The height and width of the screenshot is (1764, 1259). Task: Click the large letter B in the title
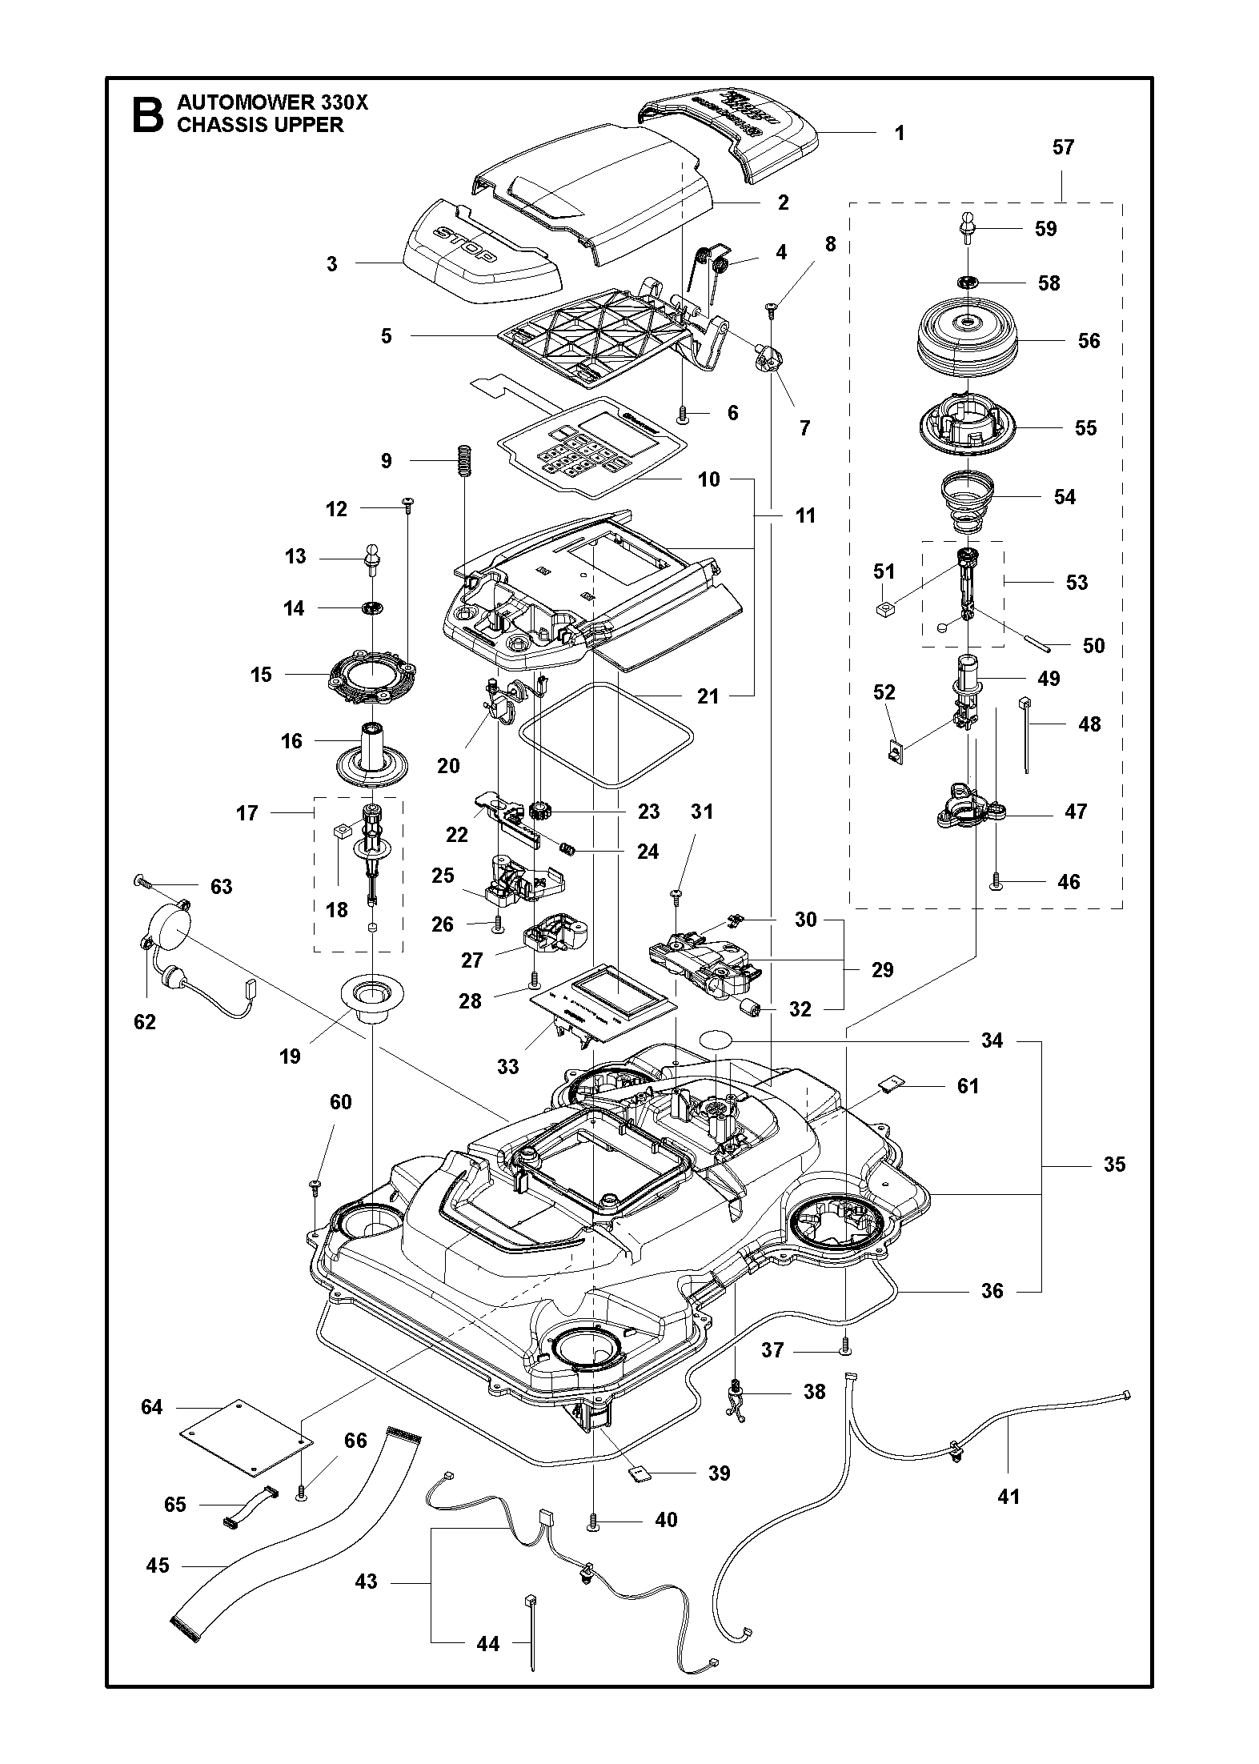146,115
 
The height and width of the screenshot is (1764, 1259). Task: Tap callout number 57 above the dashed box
1063,147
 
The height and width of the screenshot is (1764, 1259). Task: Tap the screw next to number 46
996,881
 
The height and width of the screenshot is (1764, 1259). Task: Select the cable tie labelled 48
1024,733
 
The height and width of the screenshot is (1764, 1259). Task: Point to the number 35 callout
1114,1165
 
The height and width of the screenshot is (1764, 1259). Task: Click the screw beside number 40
593,1520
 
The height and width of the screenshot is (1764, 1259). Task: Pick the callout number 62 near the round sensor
145,1022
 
